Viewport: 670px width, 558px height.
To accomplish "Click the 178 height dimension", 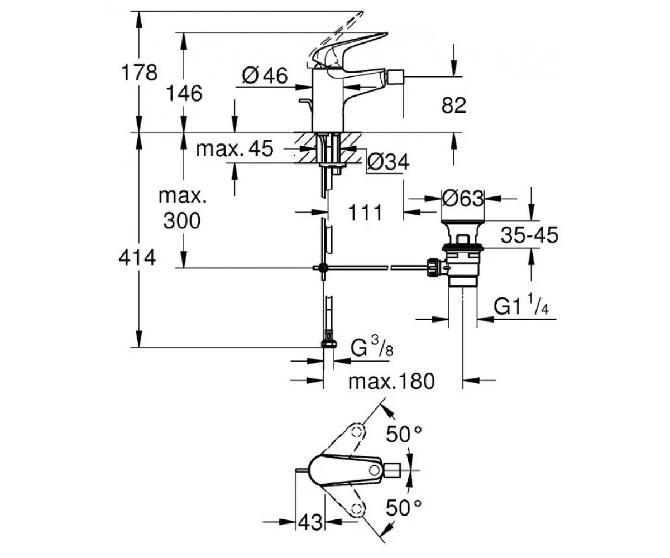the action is [x=139, y=73].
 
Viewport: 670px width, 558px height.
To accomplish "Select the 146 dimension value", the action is [x=184, y=94].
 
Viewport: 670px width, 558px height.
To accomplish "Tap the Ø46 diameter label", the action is [x=265, y=76].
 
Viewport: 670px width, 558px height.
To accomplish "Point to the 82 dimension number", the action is [x=453, y=105].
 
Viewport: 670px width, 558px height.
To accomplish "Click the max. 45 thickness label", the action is [x=234, y=148].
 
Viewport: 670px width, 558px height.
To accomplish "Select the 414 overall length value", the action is [x=137, y=257].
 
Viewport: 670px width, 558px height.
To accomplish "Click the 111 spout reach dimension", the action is [x=365, y=212].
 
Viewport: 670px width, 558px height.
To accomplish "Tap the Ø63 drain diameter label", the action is [x=462, y=199].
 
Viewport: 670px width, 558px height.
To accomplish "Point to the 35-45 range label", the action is [x=529, y=235].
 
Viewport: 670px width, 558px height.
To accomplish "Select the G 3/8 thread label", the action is [x=372, y=348].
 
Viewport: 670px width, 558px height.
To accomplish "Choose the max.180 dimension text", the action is [x=391, y=381].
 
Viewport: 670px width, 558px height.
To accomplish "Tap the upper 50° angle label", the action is [x=404, y=434].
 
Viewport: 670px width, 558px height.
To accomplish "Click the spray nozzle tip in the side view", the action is [x=395, y=77].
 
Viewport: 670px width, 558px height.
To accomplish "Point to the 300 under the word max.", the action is [x=181, y=220].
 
